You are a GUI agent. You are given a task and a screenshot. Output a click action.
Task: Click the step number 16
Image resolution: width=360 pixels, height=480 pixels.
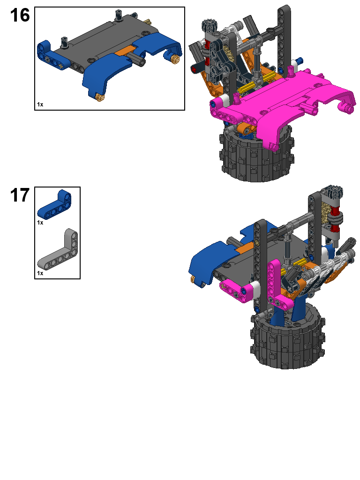point(20,15)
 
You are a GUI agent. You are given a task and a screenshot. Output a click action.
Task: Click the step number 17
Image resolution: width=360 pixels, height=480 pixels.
point(20,195)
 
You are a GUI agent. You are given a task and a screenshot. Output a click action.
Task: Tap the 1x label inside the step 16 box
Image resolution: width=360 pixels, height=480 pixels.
point(40,105)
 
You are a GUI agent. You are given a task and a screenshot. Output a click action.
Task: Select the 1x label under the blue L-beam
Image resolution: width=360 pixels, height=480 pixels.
point(40,223)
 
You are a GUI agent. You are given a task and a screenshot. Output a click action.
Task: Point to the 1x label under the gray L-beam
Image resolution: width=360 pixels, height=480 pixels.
point(40,273)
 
